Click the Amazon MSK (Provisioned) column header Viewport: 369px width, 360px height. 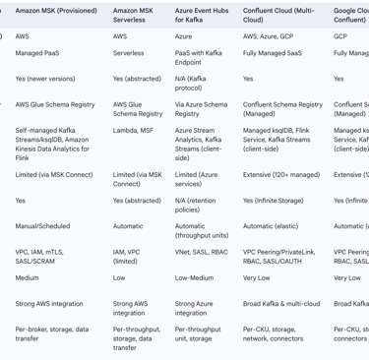pyautogui.click(x=55, y=11)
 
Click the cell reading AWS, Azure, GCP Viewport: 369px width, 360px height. pyautogui.click(x=267, y=35)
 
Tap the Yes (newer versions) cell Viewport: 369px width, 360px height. pyautogui.click(x=47, y=79)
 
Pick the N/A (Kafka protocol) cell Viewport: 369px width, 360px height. pyautogui.click(x=194, y=84)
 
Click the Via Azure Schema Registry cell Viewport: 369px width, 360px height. pyautogui.click(x=201, y=108)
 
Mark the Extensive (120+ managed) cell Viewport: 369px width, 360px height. pyautogui.click(x=280, y=175)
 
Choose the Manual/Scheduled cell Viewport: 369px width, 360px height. pyautogui.click(x=42, y=225)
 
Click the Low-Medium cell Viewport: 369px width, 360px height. pyautogui.click(x=194, y=277)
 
